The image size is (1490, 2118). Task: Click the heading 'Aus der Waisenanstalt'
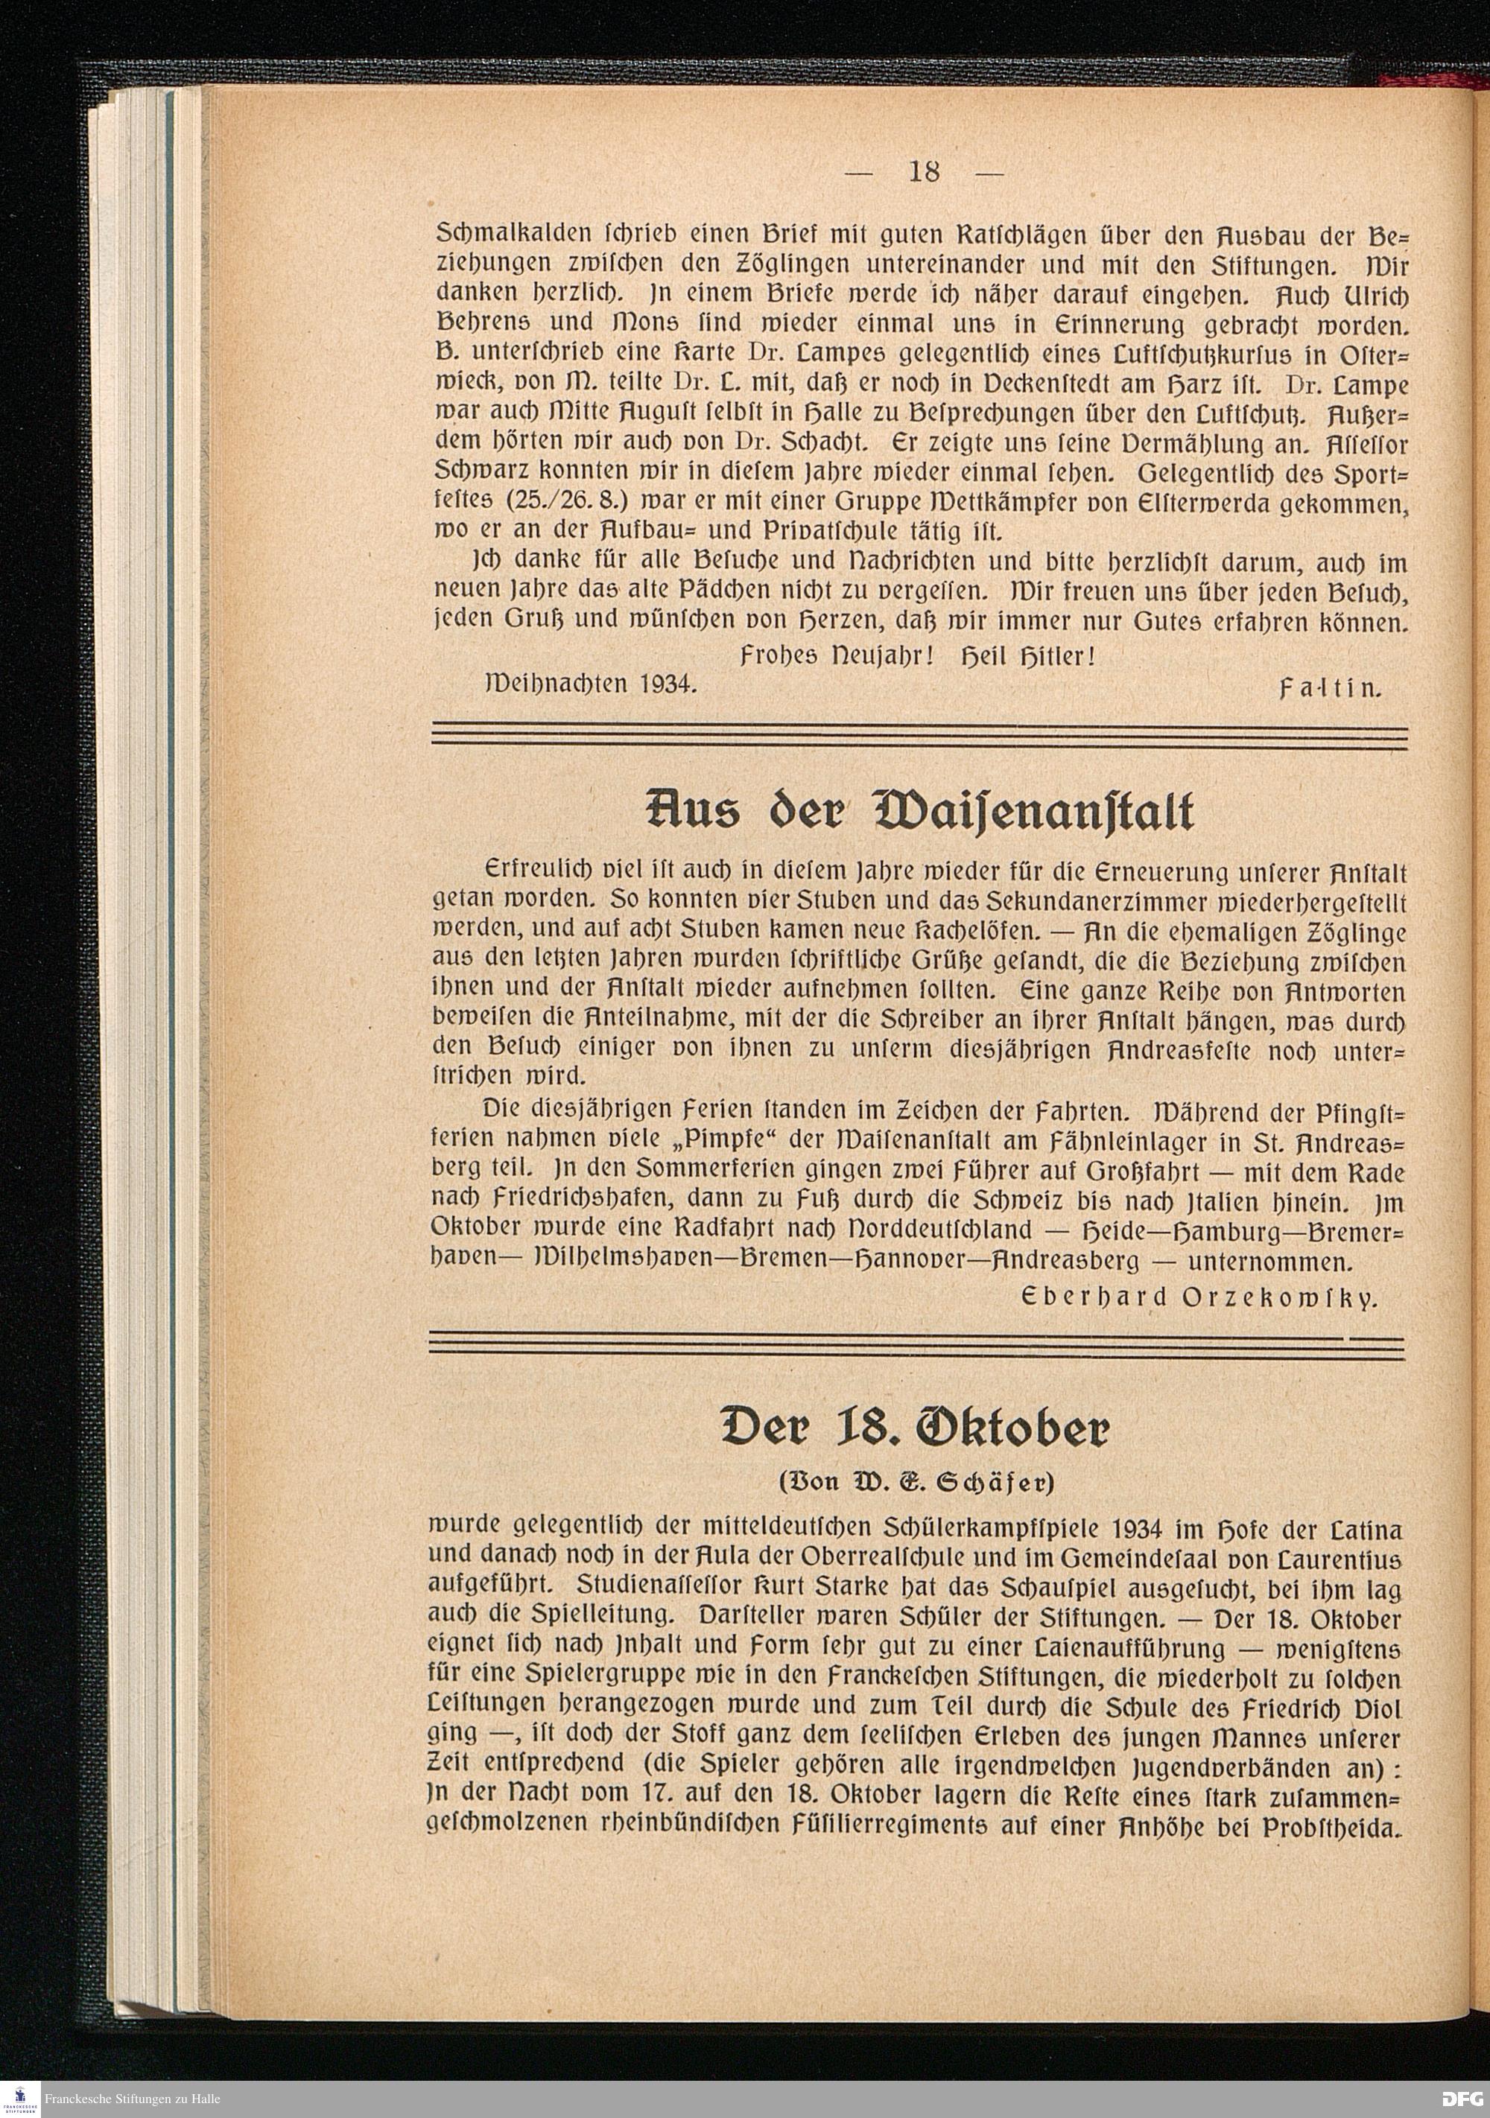[920, 812]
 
